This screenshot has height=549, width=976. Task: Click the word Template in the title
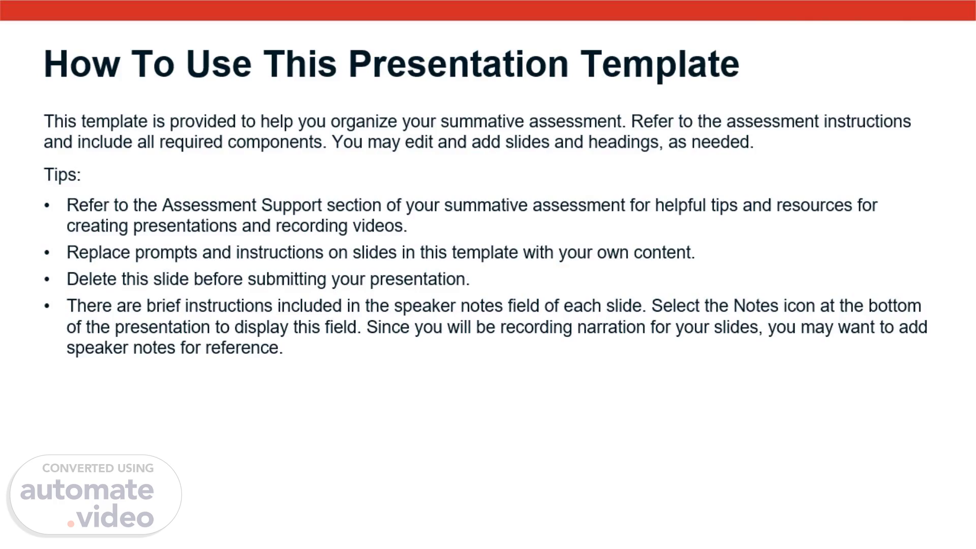pyautogui.click(x=660, y=65)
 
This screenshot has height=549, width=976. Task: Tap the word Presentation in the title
pyautogui.click(x=458, y=64)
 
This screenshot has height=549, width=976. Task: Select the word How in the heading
pyautogui.click(x=82, y=64)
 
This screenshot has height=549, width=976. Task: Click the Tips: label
pyautogui.click(x=62, y=175)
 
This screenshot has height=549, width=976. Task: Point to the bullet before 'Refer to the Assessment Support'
pyautogui.click(x=47, y=206)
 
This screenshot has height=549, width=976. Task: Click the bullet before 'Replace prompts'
pyautogui.click(x=47, y=253)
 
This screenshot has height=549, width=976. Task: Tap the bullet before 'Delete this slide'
pyautogui.click(x=47, y=280)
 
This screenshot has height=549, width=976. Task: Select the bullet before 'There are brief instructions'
pyautogui.click(x=47, y=307)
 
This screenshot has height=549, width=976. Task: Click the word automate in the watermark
pyautogui.click(x=87, y=490)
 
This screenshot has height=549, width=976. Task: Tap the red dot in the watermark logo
pyautogui.click(x=71, y=524)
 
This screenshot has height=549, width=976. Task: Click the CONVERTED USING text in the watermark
pyautogui.click(x=98, y=468)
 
